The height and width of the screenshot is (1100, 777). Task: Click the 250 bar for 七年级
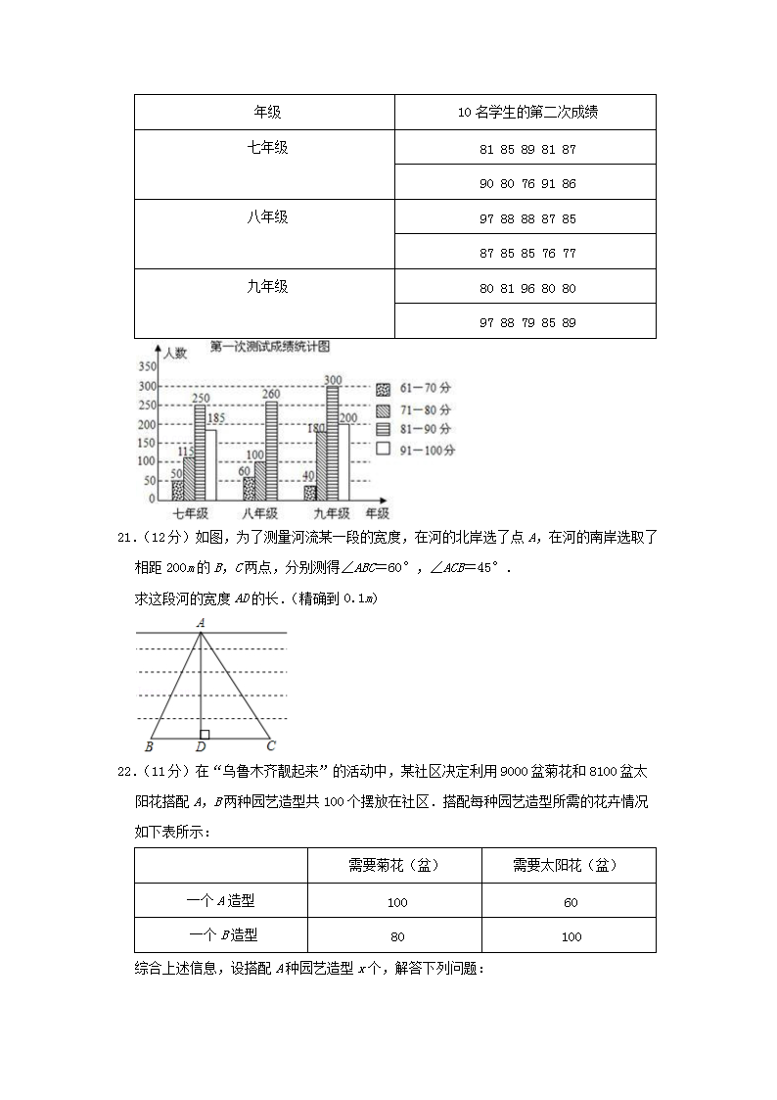tap(200, 453)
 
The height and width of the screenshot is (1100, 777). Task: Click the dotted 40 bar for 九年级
tap(310, 493)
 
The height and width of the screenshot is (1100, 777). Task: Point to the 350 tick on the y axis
tap(147, 366)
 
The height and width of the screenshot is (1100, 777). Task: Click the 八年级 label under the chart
tap(259, 513)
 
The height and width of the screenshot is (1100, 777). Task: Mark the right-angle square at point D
tap(205, 734)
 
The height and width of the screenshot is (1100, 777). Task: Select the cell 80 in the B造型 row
tap(396, 936)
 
